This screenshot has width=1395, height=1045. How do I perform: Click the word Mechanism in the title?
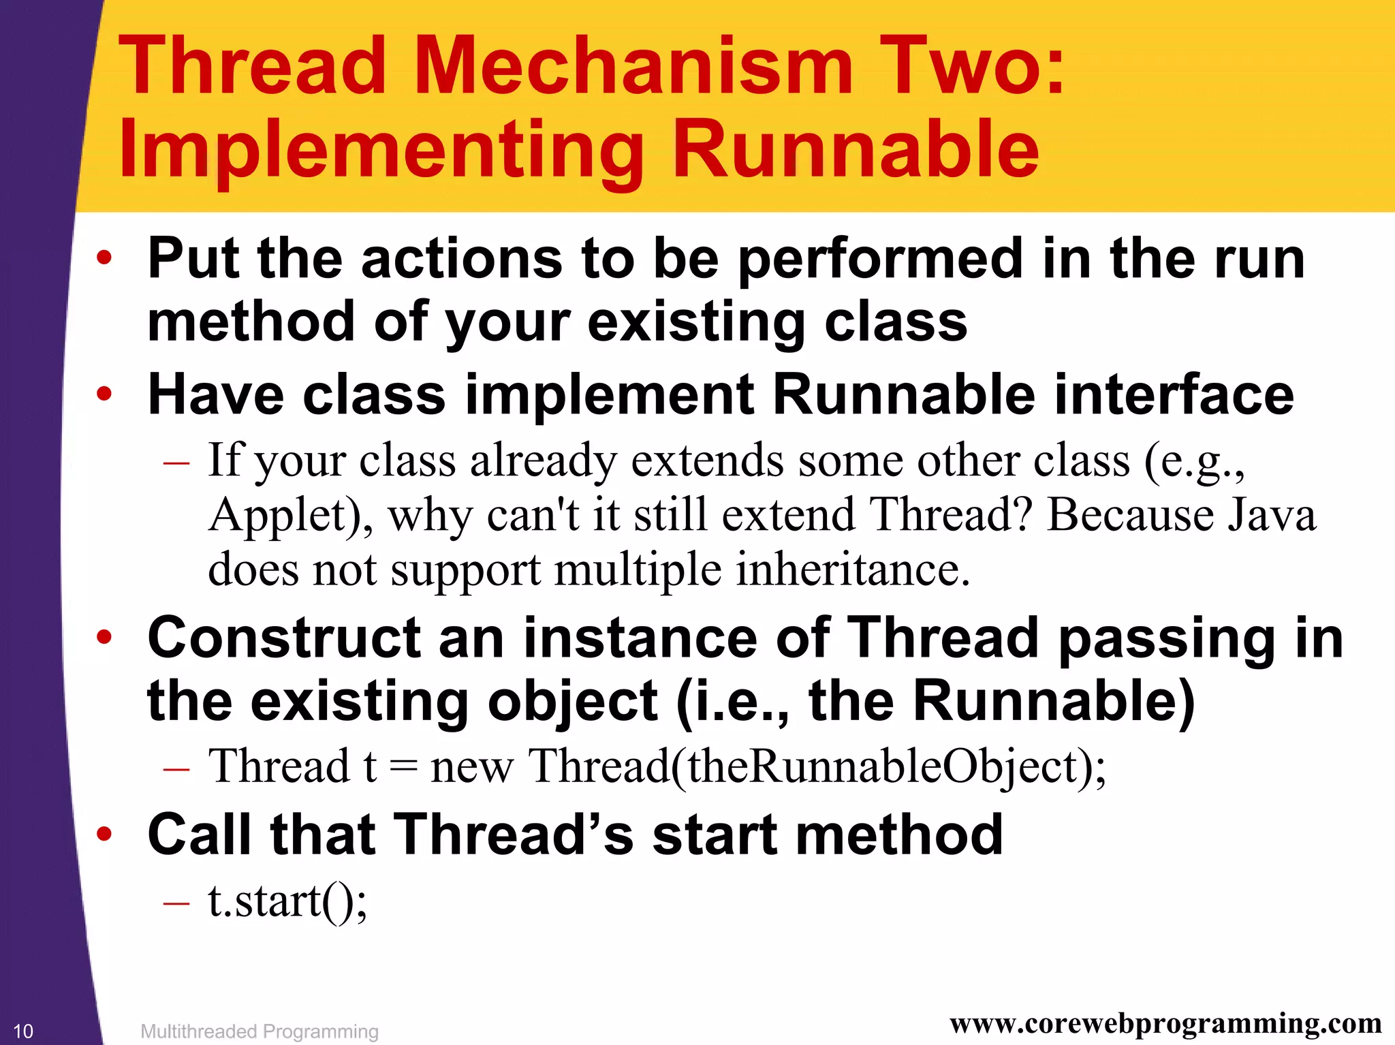point(633,66)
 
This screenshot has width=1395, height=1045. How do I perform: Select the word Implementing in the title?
point(381,150)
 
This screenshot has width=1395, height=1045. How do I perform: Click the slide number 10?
point(23,1031)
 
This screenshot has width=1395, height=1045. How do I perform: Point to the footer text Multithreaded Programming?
point(259,1031)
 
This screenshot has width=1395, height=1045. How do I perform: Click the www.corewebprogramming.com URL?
point(1165,1023)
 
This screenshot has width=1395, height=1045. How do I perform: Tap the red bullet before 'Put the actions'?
point(104,258)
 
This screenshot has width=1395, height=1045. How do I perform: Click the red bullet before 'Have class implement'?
point(104,394)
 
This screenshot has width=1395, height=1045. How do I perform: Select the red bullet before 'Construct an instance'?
point(104,638)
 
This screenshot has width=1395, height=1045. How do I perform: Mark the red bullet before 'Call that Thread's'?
point(104,834)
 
